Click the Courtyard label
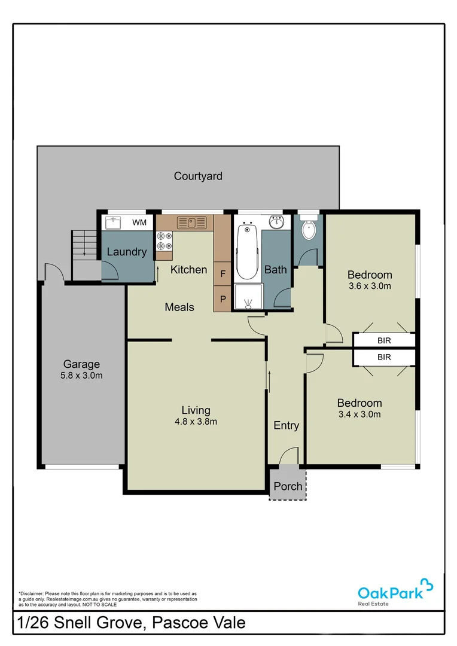click(198, 176)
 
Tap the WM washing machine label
click(139, 223)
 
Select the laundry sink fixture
click(114, 223)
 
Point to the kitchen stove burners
click(164, 240)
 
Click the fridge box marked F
click(223, 274)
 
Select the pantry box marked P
click(223, 298)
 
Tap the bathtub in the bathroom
click(247, 251)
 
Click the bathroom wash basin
click(277, 223)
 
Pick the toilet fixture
click(309, 228)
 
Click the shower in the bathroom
click(247, 297)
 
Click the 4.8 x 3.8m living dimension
click(196, 421)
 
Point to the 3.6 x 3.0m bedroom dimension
click(370, 286)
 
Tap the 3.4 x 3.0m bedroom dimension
click(359, 414)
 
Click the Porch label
click(288, 486)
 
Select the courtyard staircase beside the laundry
click(84, 245)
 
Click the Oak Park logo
click(395, 591)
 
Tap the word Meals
click(179, 307)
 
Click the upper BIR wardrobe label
click(384, 340)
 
